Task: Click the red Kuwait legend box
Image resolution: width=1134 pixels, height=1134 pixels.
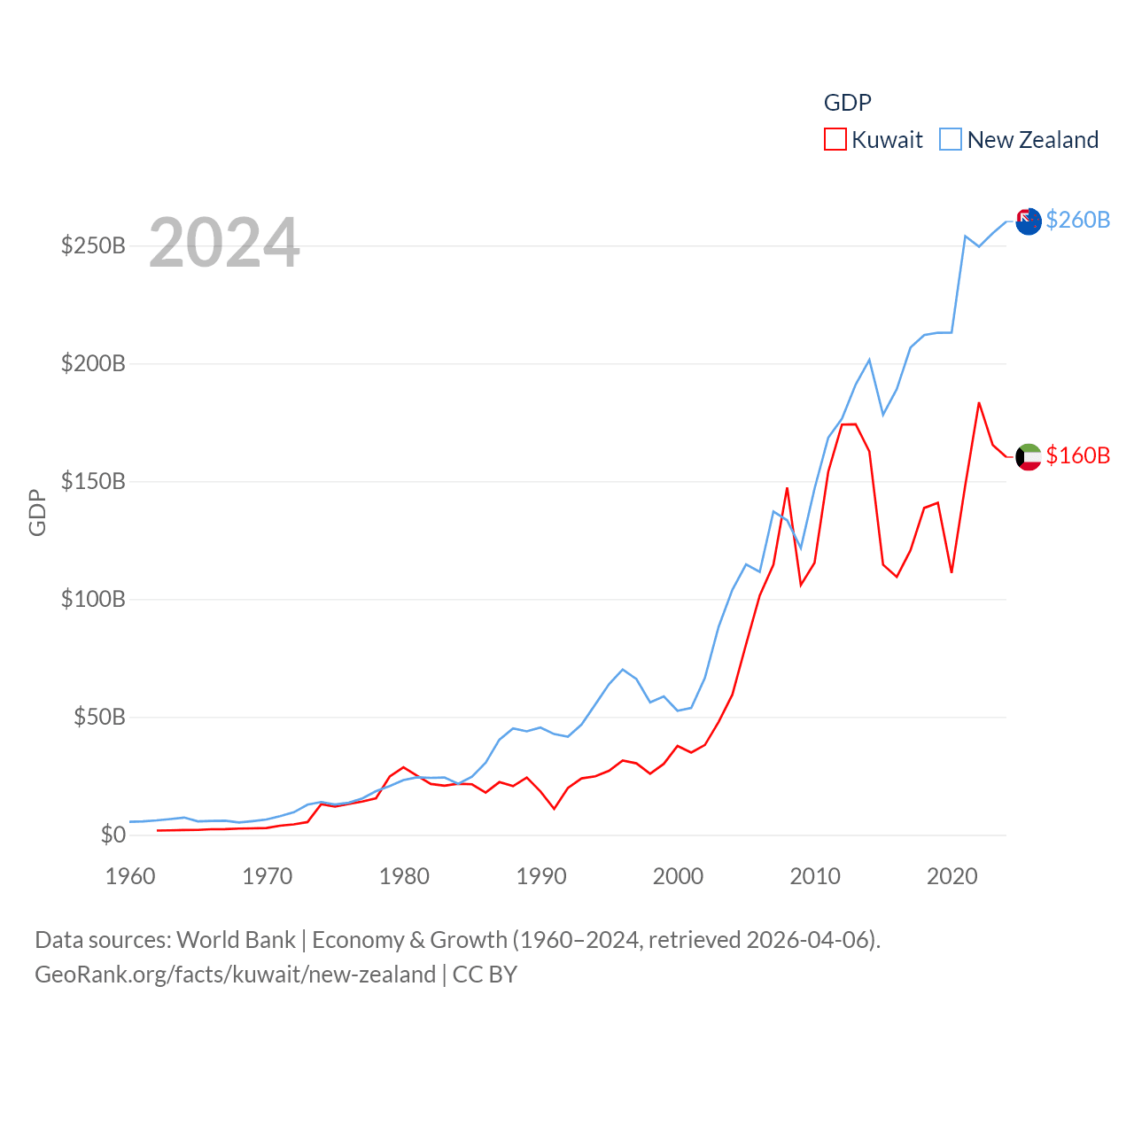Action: (835, 140)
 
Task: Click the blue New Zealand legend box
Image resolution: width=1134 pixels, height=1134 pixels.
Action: (950, 140)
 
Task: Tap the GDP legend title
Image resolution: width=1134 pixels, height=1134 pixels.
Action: (847, 103)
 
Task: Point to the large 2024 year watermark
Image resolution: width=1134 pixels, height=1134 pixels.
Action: (224, 243)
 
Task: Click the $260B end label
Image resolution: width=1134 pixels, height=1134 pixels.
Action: (1077, 220)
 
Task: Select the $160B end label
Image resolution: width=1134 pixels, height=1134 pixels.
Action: (1077, 455)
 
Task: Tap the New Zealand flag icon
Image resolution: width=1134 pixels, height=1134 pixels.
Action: (1029, 221)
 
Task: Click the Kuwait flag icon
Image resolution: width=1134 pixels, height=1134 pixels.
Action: (1029, 456)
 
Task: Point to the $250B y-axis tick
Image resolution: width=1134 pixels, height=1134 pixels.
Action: (93, 245)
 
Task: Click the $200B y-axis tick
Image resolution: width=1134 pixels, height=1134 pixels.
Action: (93, 363)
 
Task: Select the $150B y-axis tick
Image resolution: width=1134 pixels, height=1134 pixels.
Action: (93, 481)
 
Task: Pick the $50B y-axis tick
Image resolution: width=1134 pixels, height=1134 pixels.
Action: (99, 717)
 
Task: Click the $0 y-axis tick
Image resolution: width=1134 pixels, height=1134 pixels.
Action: (113, 835)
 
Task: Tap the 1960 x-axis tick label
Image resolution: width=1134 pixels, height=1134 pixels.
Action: (130, 876)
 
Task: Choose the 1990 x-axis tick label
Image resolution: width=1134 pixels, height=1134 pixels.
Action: (541, 876)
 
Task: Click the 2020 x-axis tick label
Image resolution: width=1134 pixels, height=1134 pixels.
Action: (951, 876)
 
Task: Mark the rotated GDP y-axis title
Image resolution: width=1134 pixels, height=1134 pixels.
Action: (37, 512)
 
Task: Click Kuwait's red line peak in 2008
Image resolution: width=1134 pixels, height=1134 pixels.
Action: (787, 488)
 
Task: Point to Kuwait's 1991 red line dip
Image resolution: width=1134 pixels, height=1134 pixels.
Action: (554, 808)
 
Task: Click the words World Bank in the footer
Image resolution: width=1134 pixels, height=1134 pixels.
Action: (236, 939)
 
